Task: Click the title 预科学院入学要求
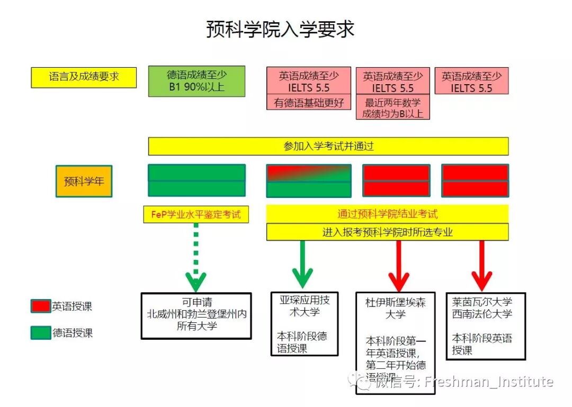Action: [280, 29]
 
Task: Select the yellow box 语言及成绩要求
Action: [84, 77]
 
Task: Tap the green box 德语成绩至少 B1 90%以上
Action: [196, 81]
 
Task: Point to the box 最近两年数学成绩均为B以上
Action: [392, 107]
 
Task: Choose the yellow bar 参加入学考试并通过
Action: [328, 146]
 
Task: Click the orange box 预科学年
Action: [84, 182]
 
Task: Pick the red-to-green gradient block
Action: [308, 173]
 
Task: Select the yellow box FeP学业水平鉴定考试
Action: [196, 214]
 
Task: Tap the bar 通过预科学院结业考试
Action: [387, 214]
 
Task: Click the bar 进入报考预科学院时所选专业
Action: [387, 232]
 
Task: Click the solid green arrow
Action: [302, 265]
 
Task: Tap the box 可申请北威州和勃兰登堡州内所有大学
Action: [196, 315]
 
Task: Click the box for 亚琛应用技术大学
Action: [304, 323]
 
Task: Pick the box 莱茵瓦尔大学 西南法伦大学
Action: [486, 326]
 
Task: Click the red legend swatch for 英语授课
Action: [40, 306]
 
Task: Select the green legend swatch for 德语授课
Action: [40, 333]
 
